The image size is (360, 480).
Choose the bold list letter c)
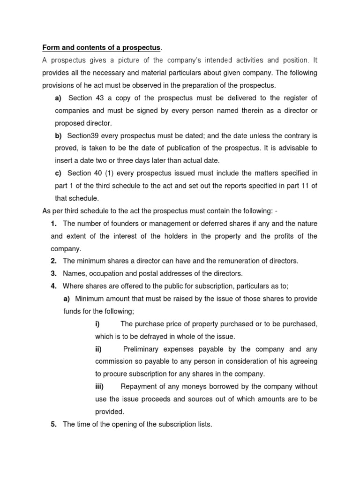point(59,173)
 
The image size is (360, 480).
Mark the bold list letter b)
point(59,135)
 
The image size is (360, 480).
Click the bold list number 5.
point(54,425)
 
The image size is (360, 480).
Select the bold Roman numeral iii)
point(99,387)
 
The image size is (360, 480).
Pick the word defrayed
point(149,337)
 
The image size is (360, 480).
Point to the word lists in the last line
point(202,425)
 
